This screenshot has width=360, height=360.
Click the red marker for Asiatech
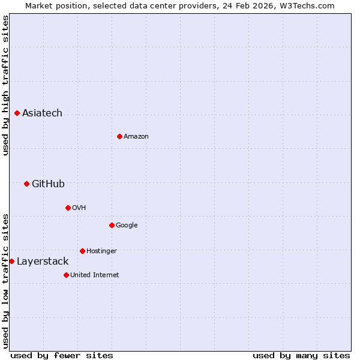pyautogui.click(x=17, y=113)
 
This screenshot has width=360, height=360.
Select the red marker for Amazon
pyautogui.click(x=119, y=136)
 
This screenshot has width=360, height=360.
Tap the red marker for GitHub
pyautogui.click(x=26, y=184)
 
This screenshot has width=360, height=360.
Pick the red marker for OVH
pyautogui.click(x=68, y=208)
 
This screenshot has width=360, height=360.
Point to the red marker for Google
pyautogui.click(x=112, y=225)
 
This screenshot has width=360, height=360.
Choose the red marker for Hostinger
pyautogui.click(x=82, y=251)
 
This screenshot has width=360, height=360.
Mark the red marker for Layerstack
pyautogui.click(x=11, y=261)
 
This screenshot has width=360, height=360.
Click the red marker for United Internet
pyautogui.click(x=66, y=275)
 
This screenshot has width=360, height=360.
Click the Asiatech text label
pyautogui.click(x=42, y=113)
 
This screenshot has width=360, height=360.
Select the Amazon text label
pyautogui.click(x=136, y=137)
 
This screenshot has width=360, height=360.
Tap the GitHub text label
pyautogui.click(x=48, y=184)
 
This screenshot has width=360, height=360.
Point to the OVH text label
pyautogui.click(x=79, y=208)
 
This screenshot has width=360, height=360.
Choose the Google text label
pyautogui.click(x=127, y=226)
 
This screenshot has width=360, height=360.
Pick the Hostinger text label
pyautogui.click(x=101, y=251)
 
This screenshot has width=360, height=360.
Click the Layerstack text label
pyautogui.click(x=43, y=262)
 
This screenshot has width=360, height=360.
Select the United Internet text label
pyautogui.click(x=95, y=275)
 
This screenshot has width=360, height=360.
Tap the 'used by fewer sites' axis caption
pyautogui.click(x=62, y=355)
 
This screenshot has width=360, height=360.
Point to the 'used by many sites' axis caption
pyautogui.click(x=301, y=355)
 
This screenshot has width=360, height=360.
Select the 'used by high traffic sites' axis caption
pyautogui.click(x=6, y=85)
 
